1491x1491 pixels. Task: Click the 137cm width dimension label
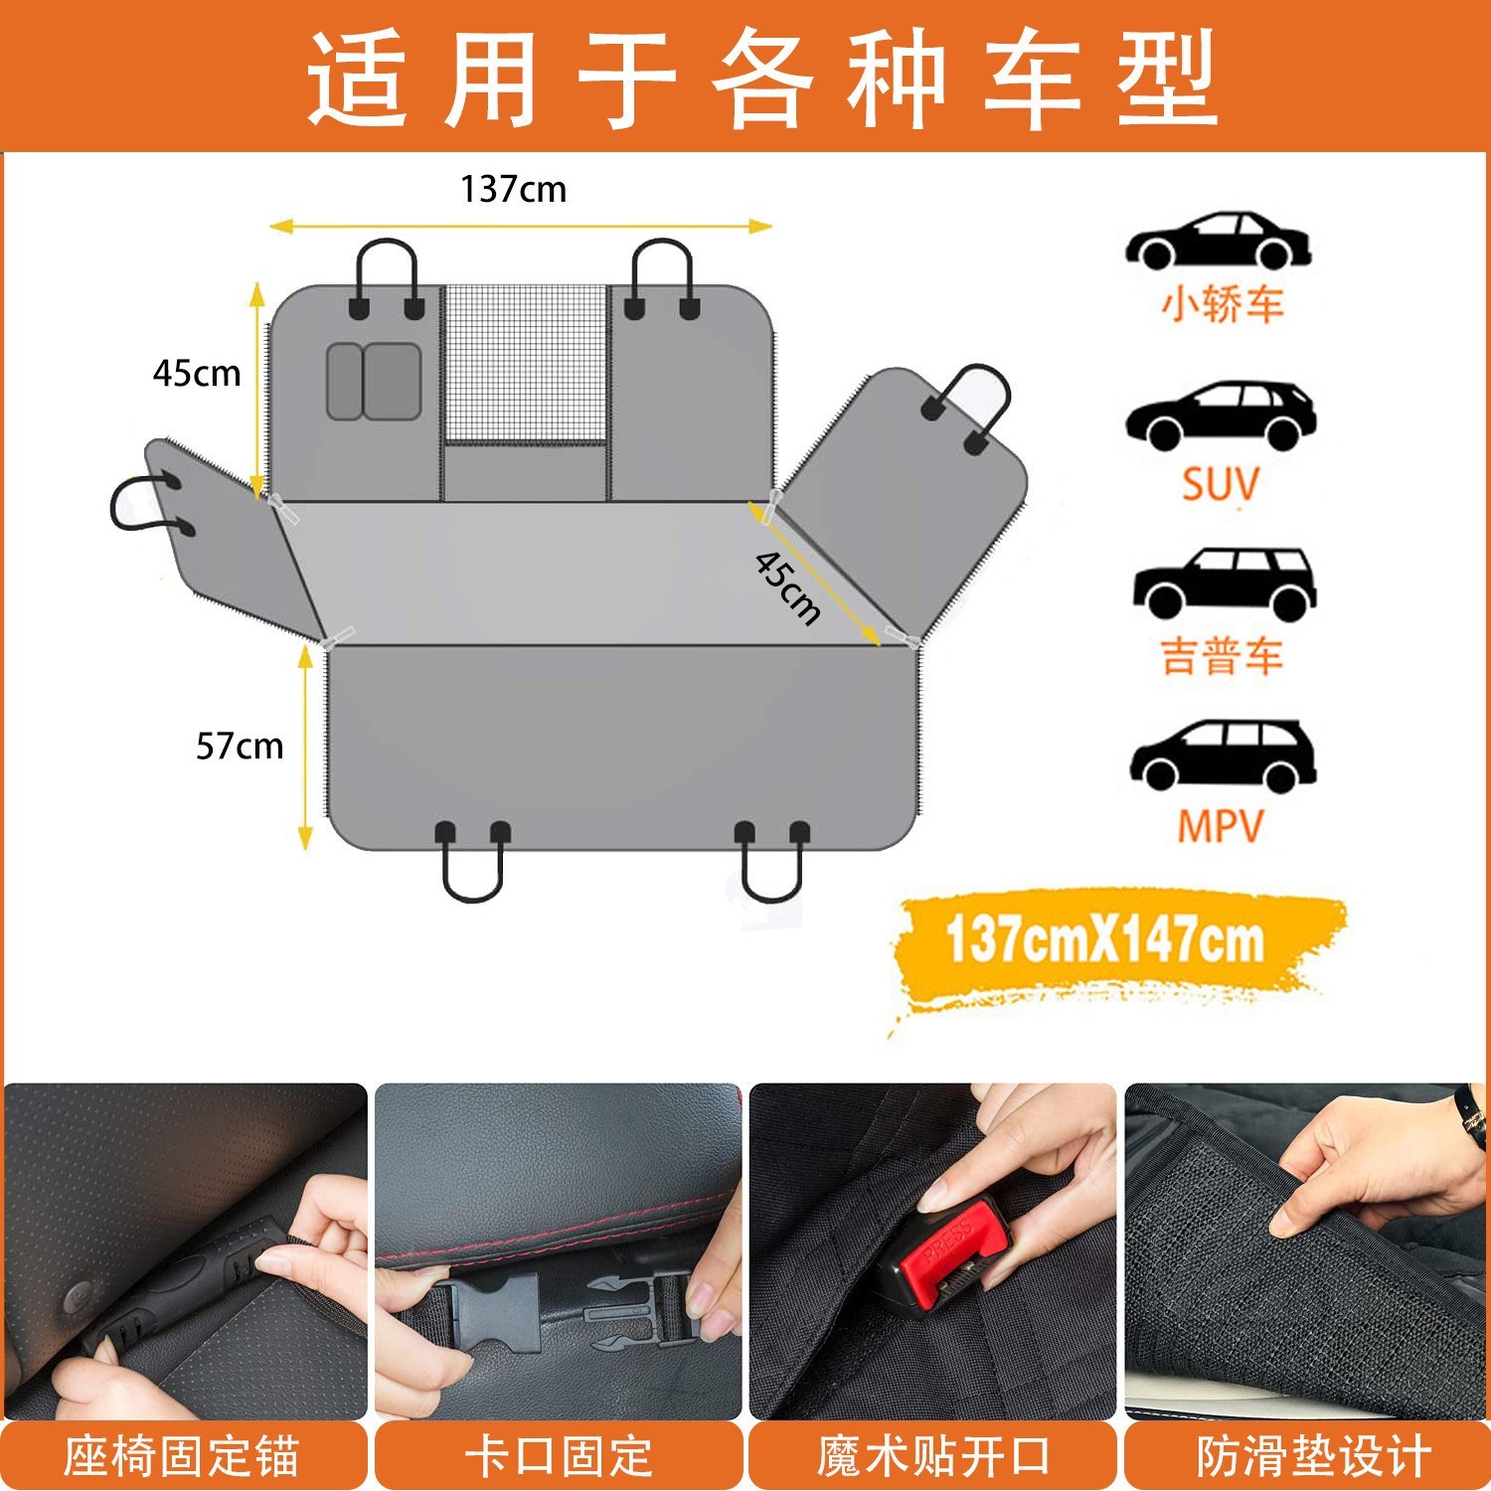click(x=513, y=189)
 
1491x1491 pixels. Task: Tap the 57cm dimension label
click(x=240, y=745)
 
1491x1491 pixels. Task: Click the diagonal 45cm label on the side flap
click(x=787, y=587)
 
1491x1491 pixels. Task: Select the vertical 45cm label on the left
click(x=197, y=374)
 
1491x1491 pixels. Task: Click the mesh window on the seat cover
click(x=525, y=363)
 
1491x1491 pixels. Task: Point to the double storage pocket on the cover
click(x=374, y=382)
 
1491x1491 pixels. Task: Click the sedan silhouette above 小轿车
click(x=1219, y=241)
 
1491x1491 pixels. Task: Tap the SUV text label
click(x=1220, y=485)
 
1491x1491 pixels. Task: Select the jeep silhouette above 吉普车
click(x=1224, y=583)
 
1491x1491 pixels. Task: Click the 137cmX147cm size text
click(x=1104, y=940)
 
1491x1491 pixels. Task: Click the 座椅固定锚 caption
click(x=182, y=1456)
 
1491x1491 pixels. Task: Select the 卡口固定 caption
click(x=559, y=1456)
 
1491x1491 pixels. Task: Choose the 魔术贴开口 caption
click(x=933, y=1456)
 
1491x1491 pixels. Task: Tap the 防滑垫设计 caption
click(x=1313, y=1456)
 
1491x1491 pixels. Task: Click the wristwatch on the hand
click(x=1469, y=1105)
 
